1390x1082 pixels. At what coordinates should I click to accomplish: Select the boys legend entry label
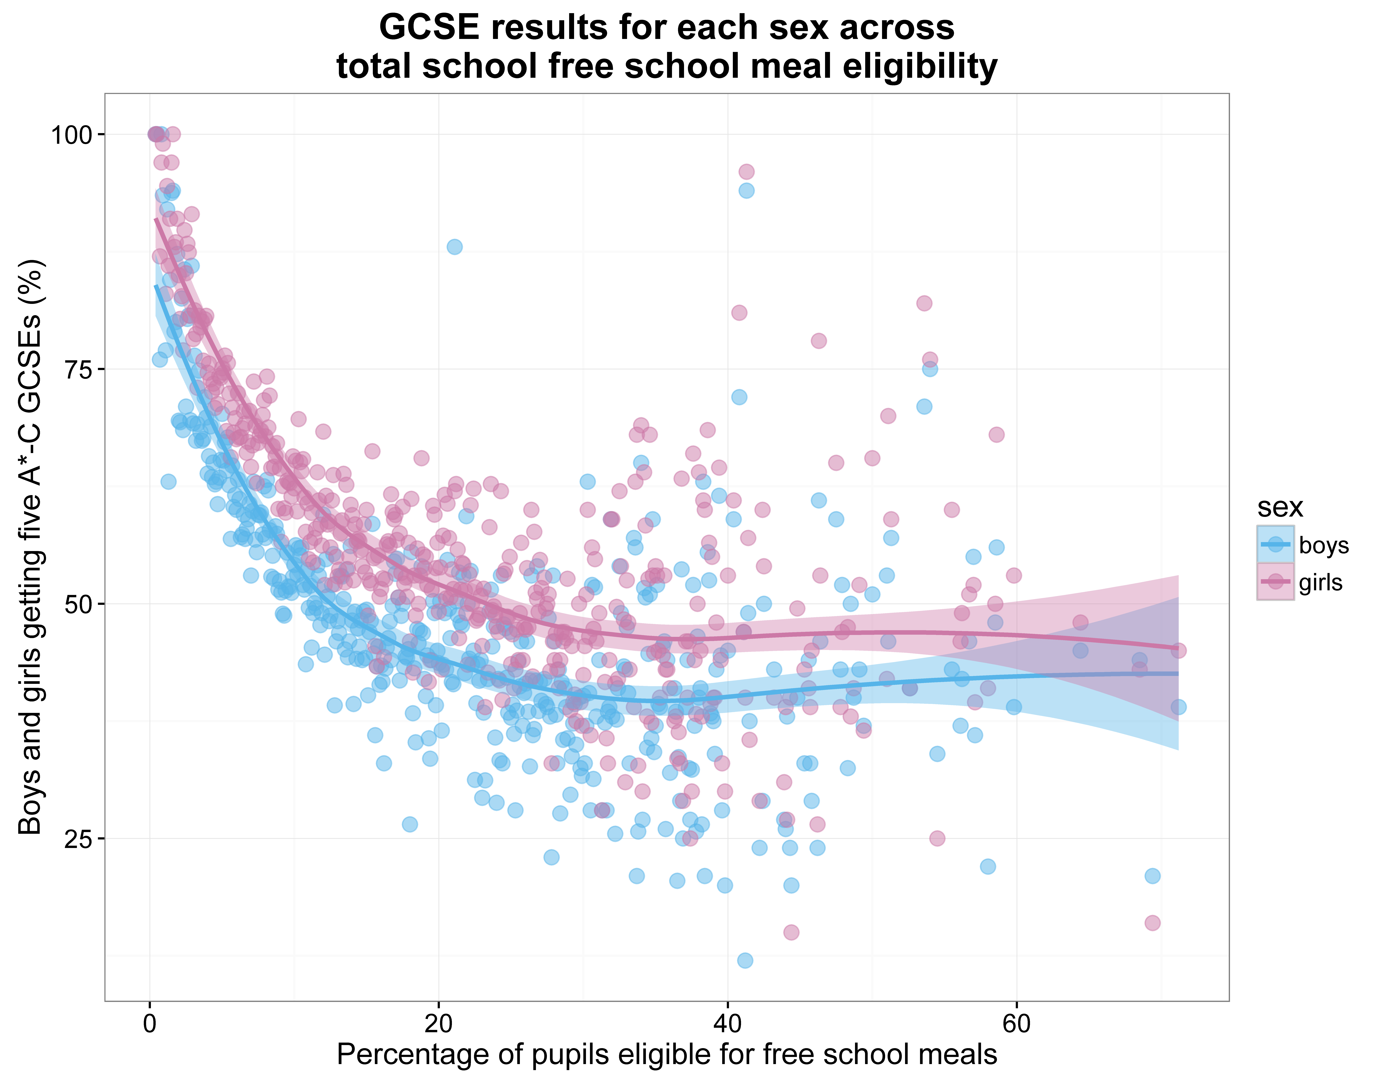click(1324, 545)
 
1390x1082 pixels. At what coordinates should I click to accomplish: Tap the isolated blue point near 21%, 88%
click(454, 247)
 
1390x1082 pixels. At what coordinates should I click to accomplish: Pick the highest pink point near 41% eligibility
click(747, 172)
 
